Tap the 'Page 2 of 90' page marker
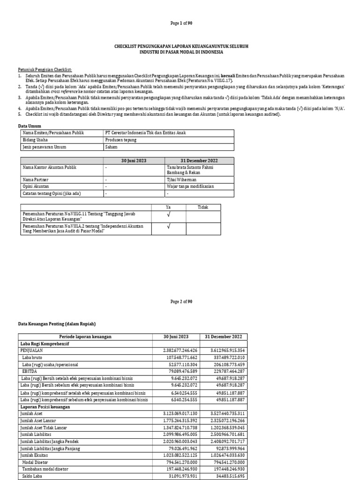point(181,301)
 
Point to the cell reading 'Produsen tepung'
point(121,140)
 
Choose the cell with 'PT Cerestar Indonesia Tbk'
point(145,133)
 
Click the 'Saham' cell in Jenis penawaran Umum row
point(112,147)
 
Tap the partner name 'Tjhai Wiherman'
point(181,179)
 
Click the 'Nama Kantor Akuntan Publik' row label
point(49,167)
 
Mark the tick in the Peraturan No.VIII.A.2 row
point(168,227)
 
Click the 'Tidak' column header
point(203,207)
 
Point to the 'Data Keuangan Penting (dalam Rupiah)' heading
point(56,324)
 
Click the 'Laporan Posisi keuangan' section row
point(45,407)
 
